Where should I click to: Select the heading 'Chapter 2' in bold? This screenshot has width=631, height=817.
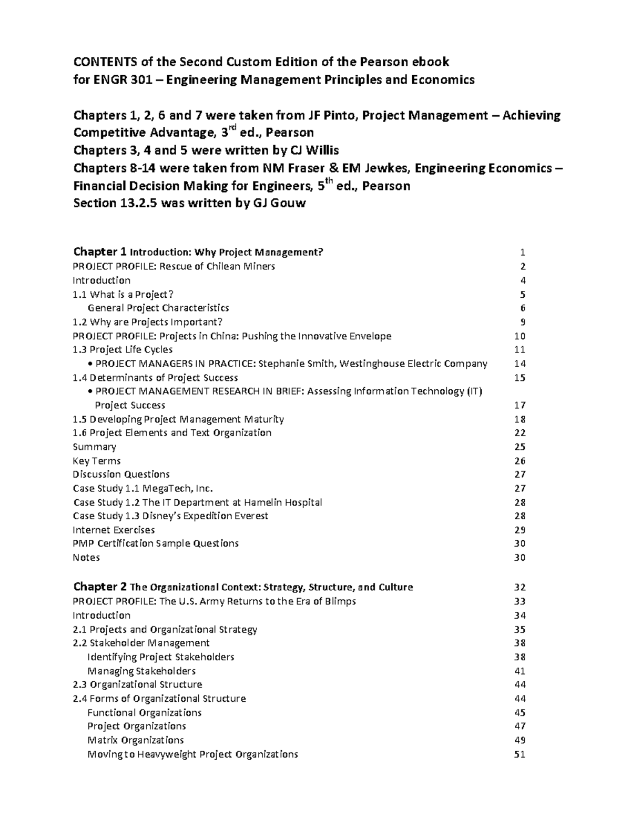[100, 587]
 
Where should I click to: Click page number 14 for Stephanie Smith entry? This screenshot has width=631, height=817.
[520, 364]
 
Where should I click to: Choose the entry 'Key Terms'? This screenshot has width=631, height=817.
[97, 461]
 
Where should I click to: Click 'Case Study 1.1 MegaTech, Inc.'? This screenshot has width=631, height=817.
[143, 488]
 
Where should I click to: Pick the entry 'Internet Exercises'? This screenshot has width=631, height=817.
[114, 530]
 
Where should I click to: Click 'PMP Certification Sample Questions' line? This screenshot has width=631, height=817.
[156, 543]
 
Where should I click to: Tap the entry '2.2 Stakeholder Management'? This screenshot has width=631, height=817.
[141, 643]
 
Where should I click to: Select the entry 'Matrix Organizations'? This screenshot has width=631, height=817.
[136, 740]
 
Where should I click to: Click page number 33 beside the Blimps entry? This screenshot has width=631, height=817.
[520, 601]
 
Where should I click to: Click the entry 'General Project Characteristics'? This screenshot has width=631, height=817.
[158, 308]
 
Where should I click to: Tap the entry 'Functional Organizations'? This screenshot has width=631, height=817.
[145, 712]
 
